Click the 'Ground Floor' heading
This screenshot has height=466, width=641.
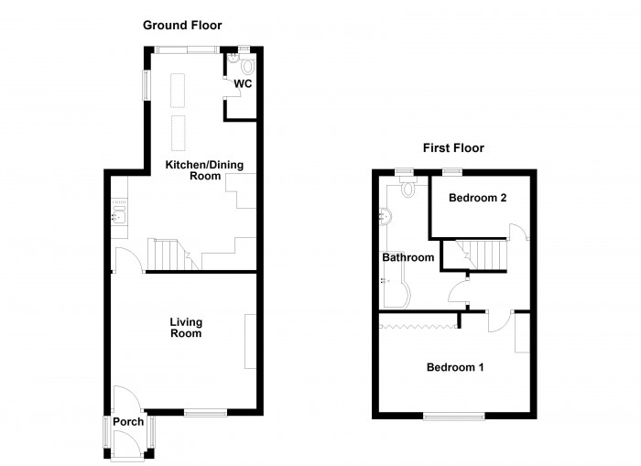point(181,26)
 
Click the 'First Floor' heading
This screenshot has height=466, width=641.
point(452,147)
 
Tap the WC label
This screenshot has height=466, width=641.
point(242,84)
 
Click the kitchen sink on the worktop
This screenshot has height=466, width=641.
point(118,217)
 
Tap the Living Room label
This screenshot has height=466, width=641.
point(186,328)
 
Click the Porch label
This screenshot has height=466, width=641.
point(127,422)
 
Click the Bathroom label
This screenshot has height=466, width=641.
point(407,258)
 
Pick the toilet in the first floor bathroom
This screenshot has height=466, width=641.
point(407,189)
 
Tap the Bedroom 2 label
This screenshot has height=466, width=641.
point(477,198)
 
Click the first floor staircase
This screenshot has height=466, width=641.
point(483,253)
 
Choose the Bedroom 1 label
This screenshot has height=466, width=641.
point(455,367)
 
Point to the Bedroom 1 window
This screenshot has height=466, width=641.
point(454,416)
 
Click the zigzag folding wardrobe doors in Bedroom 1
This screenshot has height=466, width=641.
point(418,326)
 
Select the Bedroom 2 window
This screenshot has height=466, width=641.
point(451,171)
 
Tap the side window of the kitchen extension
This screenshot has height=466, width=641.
point(144,84)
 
